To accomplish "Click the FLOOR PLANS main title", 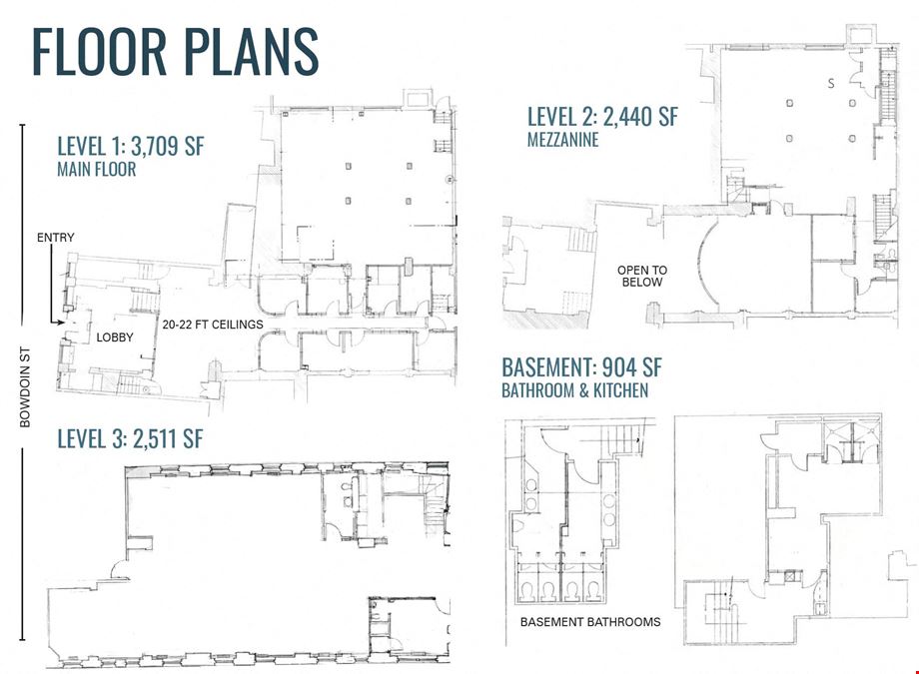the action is tap(175, 52).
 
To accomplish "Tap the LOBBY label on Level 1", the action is tap(115, 337).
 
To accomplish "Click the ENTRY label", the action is tap(56, 238).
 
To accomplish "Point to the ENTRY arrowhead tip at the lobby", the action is tap(63, 322).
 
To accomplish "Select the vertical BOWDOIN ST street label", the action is tap(25, 387).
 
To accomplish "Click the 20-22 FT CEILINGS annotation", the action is tap(213, 325).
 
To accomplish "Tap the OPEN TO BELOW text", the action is tap(642, 276).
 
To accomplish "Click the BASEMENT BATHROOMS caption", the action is tap(590, 622).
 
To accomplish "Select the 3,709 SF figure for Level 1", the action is tap(168, 146).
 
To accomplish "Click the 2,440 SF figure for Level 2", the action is tap(640, 116).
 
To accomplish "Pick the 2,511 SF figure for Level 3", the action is tap(168, 438).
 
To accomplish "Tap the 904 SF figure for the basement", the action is tap(632, 367).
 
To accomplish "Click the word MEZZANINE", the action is tap(562, 140).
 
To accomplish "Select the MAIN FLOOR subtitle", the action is tap(97, 170).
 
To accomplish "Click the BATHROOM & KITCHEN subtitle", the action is tap(575, 390).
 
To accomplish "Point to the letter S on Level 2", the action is tap(831, 83).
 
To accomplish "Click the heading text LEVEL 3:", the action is tap(92, 438).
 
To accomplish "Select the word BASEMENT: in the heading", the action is tap(549, 367).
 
